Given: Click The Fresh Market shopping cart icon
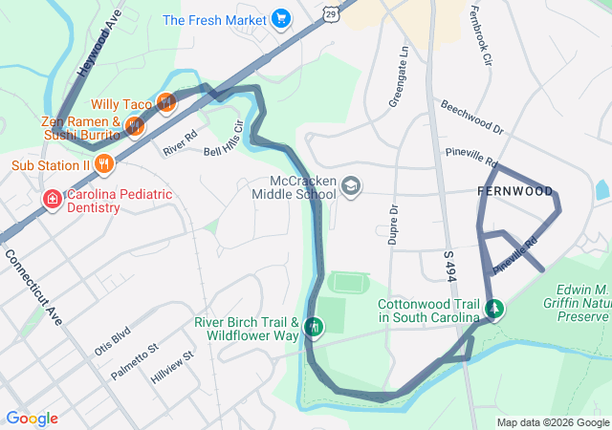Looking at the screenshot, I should (280, 19).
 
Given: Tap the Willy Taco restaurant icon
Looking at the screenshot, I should (165, 102).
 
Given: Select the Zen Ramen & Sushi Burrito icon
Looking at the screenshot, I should (135, 124).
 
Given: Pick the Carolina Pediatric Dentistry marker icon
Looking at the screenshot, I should (53, 200).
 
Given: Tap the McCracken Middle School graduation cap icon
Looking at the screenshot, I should (351, 185).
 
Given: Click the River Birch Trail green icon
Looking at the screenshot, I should (314, 329).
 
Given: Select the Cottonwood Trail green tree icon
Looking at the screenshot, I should (494, 310).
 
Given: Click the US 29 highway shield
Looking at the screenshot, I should (331, 14).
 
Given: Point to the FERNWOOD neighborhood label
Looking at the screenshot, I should (514, 192).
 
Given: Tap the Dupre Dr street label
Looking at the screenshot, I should (393, 224).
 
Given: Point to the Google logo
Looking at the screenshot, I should (33, 419).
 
